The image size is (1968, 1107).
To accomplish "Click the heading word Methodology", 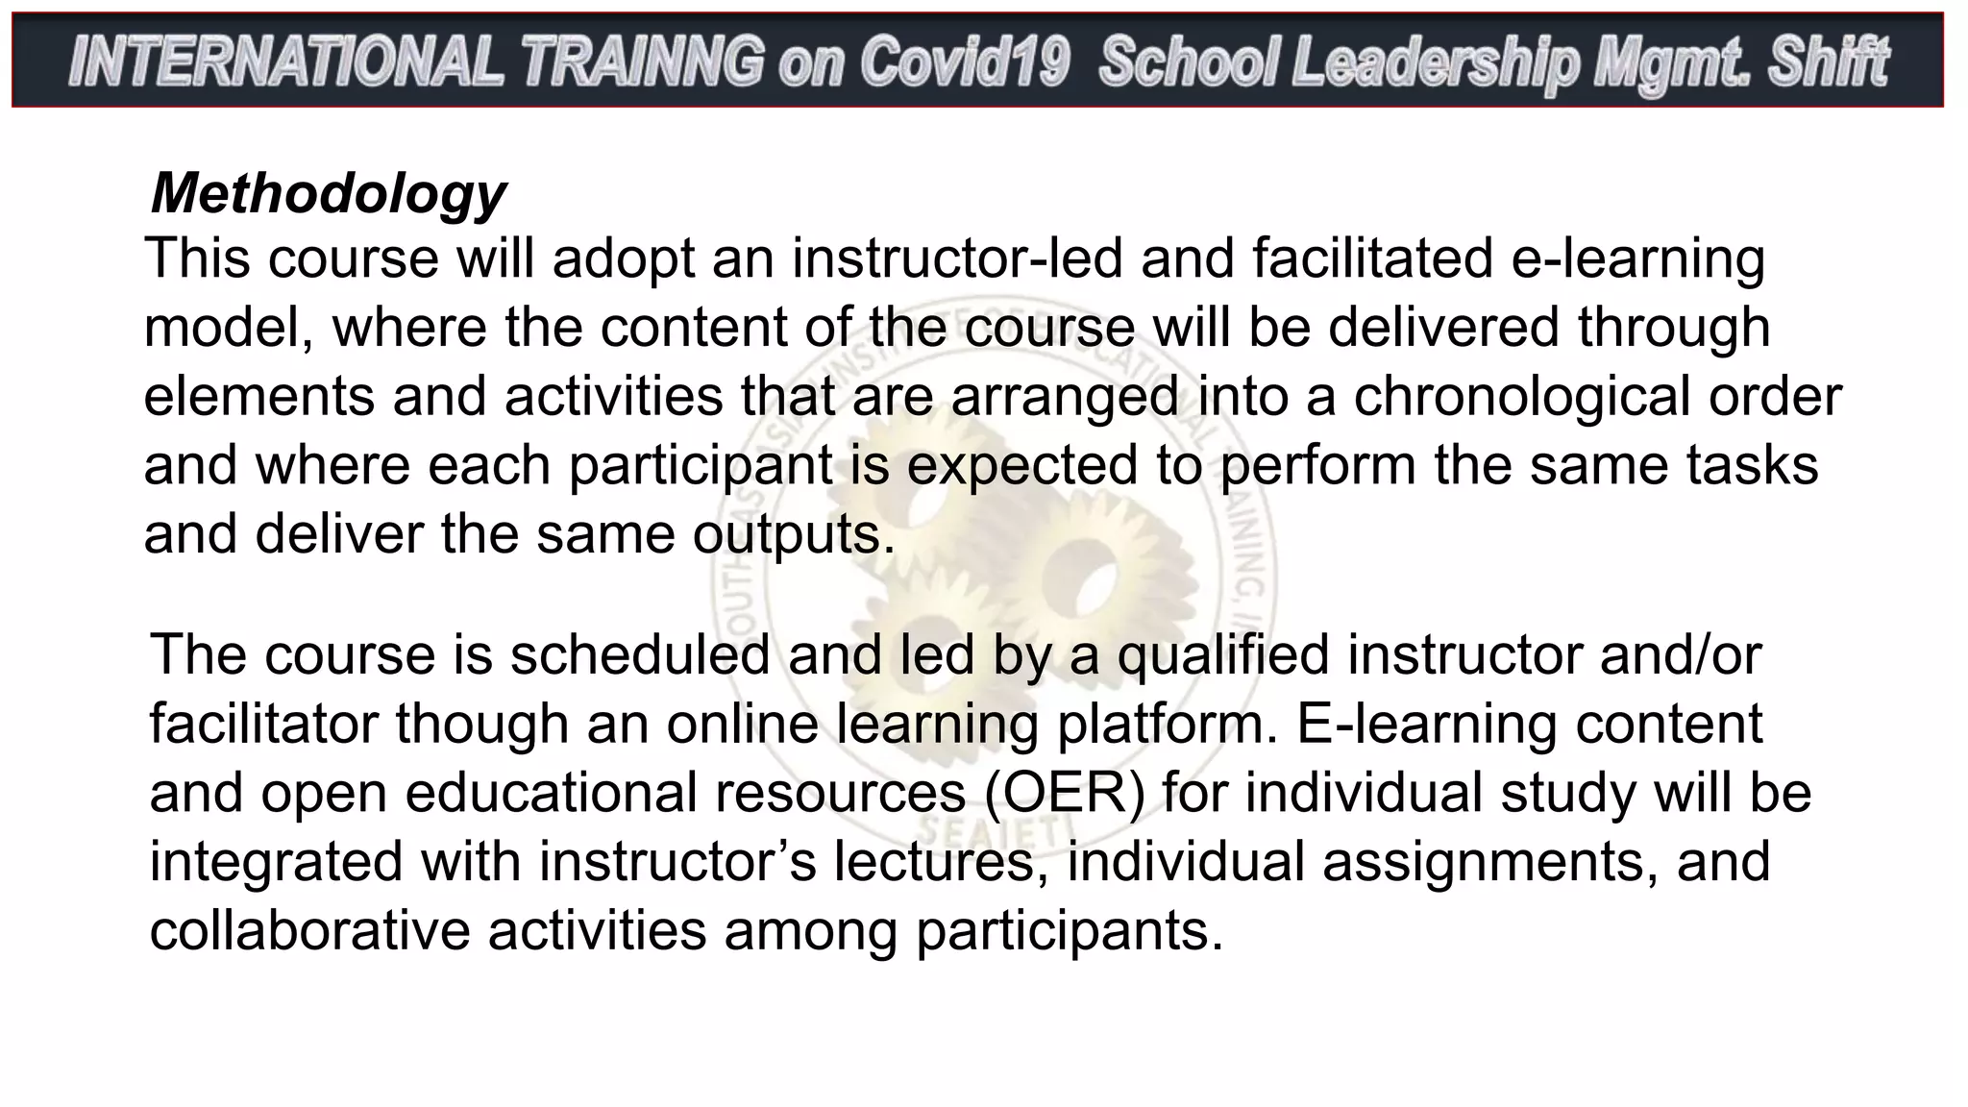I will (329, 194).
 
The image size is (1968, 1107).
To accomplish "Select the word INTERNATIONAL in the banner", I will (285, 61).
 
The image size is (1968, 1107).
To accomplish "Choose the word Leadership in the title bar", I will (1436, 61).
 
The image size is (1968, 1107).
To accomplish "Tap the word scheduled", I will (640, 655).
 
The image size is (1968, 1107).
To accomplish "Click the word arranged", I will (1065, 396).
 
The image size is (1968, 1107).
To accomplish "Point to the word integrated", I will (276, 861).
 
